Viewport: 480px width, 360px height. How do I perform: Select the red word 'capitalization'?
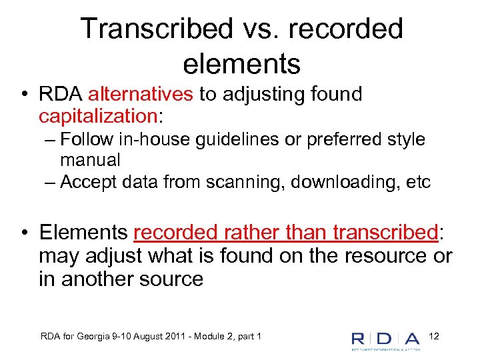(97, 116)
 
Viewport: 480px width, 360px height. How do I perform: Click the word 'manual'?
(90, 160)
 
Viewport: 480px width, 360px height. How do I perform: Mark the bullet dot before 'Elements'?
(23, 233)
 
